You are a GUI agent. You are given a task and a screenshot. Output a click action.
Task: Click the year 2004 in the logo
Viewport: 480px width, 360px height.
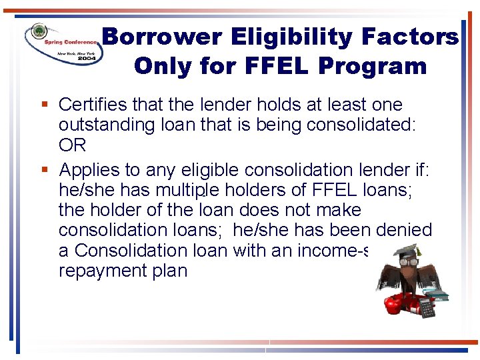(87, 59)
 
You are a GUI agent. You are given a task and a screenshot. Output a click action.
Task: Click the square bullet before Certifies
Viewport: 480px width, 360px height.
(44, 105)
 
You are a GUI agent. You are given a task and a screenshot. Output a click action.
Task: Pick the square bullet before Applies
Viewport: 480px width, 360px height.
(44, 170)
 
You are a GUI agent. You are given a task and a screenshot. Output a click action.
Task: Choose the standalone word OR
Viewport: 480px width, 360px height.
(73, 145)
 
